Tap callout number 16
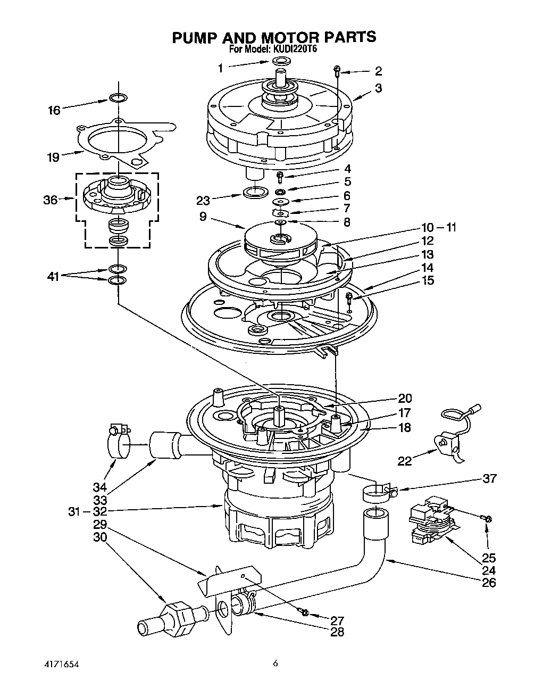click(54, 110)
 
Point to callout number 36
click(51, 200)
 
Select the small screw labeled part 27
click(305, 612)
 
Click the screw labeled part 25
click(488, 518)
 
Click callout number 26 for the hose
click(488, 582)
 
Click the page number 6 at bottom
click(275, 664)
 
